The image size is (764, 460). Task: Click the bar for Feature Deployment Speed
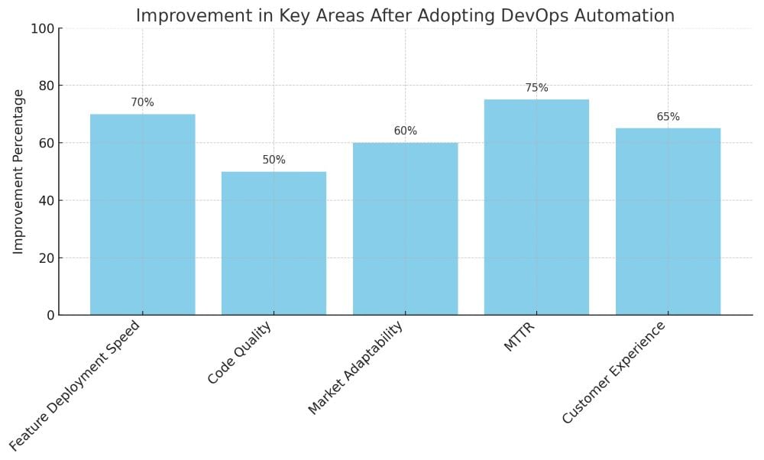pyautogui.click(x=142, y=215)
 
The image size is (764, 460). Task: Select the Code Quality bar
pyautogui.click(x=274, y=243)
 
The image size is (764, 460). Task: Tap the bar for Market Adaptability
pyautogui.click(x=405, y=228)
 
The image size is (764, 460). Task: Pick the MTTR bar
pyautogui.click(x=536, y=207)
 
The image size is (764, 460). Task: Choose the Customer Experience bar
pyautogui.click(x=668, y=222)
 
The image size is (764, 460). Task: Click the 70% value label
pyautogui.click(x=142, y=102)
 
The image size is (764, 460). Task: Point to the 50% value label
pyautogui.click(x=274, y=160)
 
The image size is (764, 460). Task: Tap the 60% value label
pyautogui.click(x=405, y=131)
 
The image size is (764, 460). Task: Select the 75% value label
pyautogui.click(x=536, y=88)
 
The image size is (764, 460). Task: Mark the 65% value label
pyautogui.click(x=668, y=117)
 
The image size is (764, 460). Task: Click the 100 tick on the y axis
pyautogui.click(x=42, y=29)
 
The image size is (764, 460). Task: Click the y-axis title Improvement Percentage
pyautogui.click(x=19, y=172)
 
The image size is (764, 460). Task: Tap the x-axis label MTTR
pyautogui.click(x=519, y=338)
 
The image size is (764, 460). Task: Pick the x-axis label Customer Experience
pyautogui.click(x=614, y=373)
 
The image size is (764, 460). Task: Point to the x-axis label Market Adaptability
pyautogui.click(x=355, y=368)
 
